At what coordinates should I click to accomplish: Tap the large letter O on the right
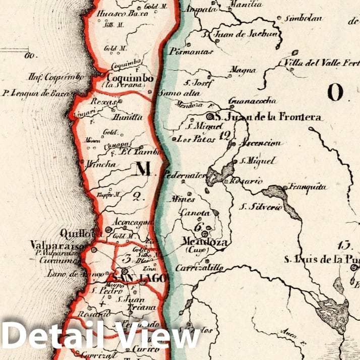[x=335, y=92]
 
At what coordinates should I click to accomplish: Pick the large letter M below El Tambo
[x=144, y=169]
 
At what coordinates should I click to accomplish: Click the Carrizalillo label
[x=199, y=268]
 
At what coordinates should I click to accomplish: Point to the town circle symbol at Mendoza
[x=205, y=233]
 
